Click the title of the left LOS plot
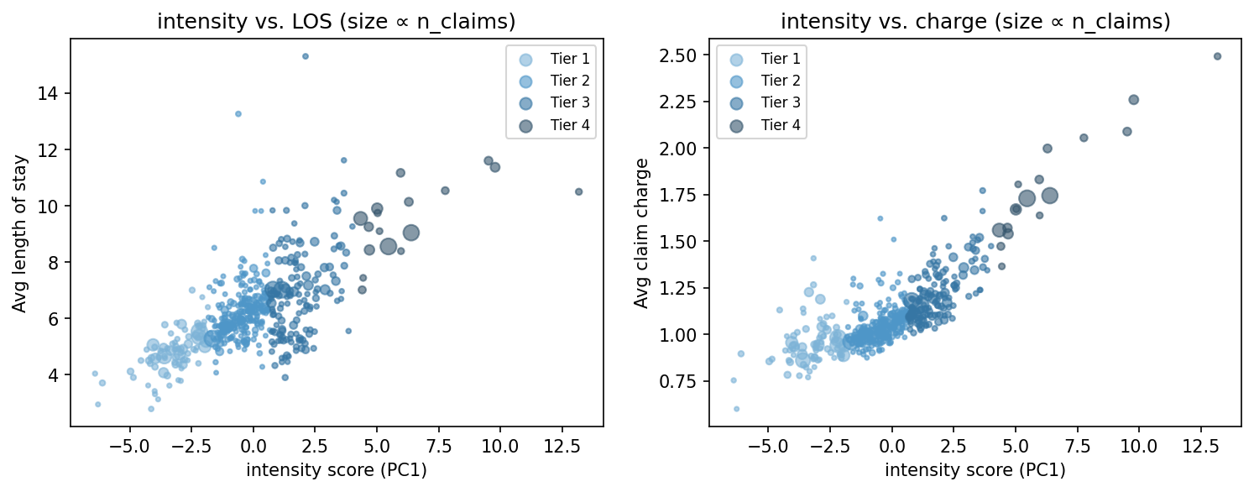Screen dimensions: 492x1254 coord(337,23)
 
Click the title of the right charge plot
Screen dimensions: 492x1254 coord(975,23)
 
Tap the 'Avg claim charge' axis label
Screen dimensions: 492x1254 coord(641,233)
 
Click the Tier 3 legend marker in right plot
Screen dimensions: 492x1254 coord(736,103)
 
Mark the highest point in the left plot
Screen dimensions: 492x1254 coord(305,56)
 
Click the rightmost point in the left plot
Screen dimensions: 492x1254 coord(578,191)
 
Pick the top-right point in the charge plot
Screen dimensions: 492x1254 coord(1217,56)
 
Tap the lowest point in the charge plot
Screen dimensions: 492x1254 coord(736,409)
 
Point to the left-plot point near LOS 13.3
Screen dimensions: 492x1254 coord(238,113)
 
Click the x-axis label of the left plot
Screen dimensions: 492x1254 coord(337,470)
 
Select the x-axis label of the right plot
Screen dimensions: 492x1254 coord(975,470)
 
